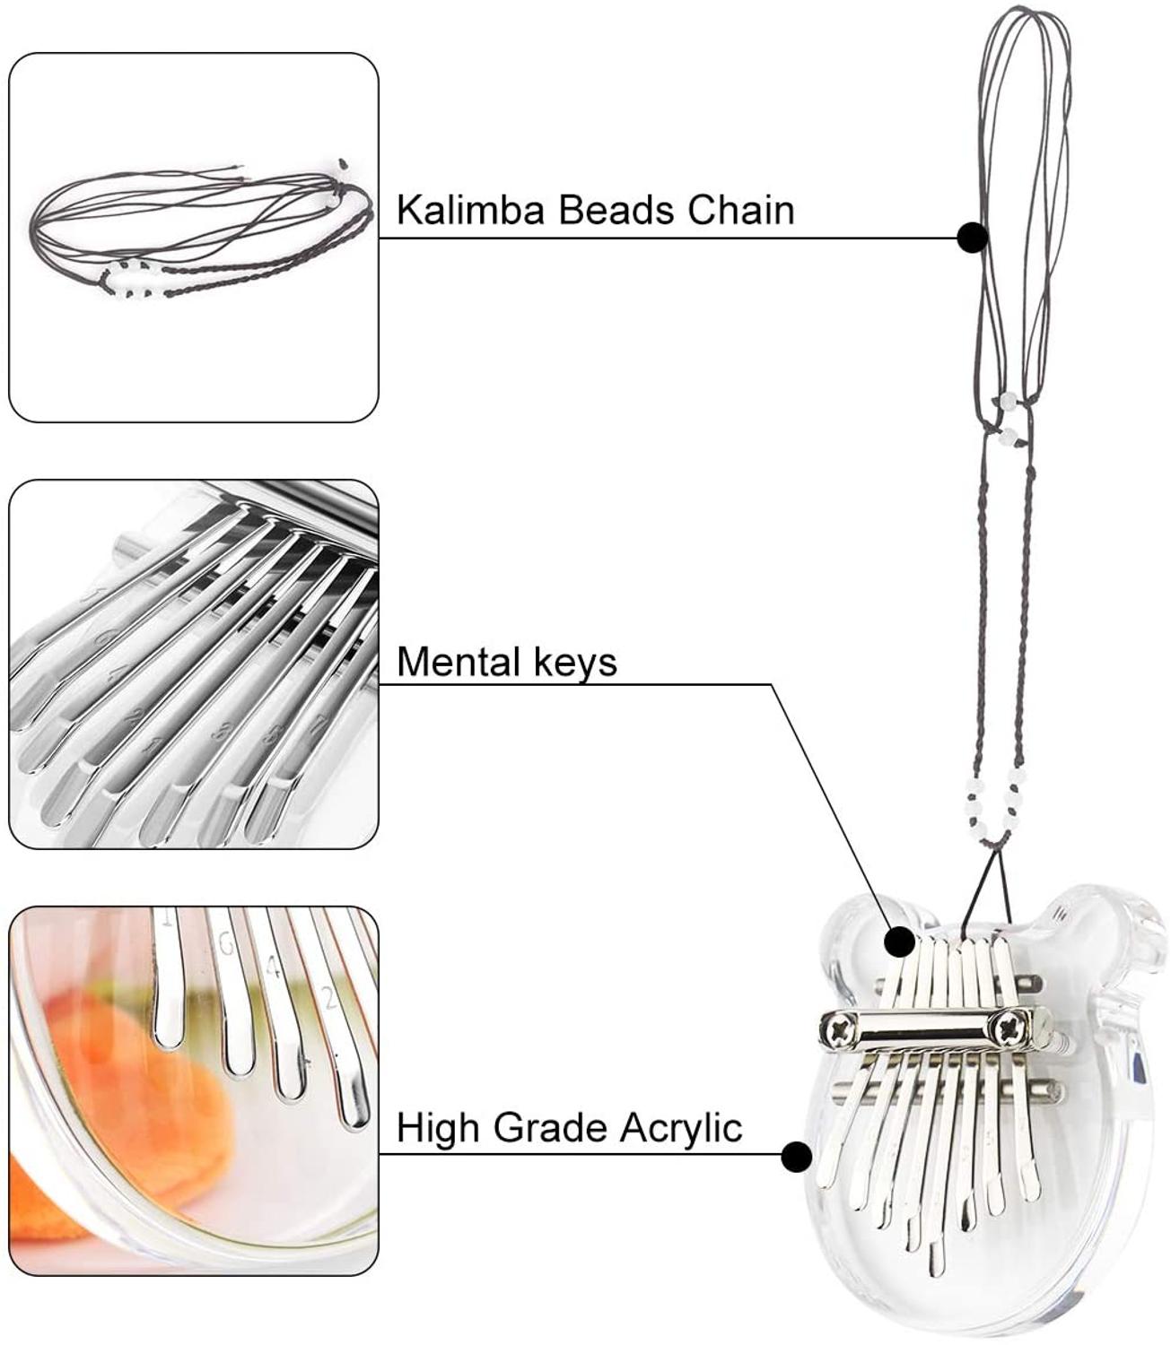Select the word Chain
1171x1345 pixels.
pos(741,210)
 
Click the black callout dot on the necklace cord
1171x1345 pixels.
pos(973,238)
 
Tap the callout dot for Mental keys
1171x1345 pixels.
pos(899,942)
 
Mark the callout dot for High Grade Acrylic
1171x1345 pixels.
pos(796,1157)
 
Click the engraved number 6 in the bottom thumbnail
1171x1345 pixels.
pos(225,943)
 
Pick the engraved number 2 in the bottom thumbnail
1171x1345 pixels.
pos(328,997)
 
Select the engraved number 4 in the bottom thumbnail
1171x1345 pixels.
pos(275,970)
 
